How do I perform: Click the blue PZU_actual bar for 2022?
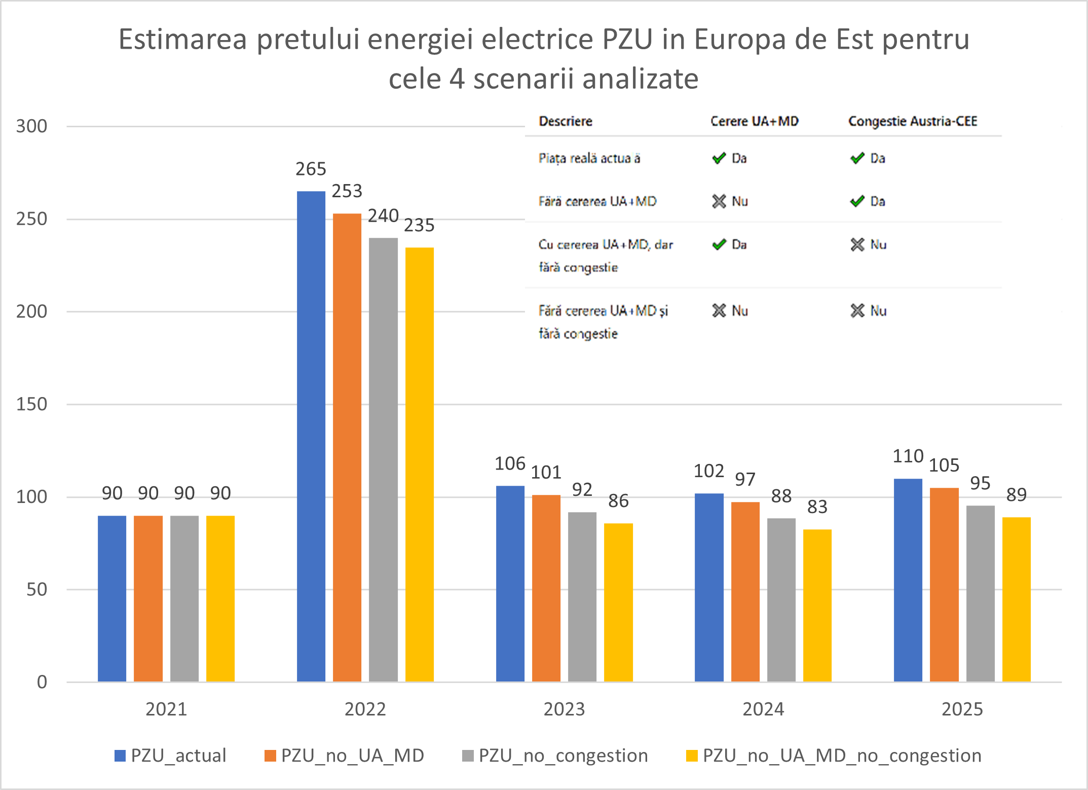click(311, 436)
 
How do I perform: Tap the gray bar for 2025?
click(980, 593)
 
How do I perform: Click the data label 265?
click(311, 169)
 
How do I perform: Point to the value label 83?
click(817, 507)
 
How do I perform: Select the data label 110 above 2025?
click(908, 456)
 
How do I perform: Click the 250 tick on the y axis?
click(31, 219)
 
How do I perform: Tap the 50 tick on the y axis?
click(36, 589)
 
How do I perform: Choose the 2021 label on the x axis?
click(166, 709)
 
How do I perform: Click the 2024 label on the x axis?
click(763, 709)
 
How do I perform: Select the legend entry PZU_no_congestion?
click(563, 756)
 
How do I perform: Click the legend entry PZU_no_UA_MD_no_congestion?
click(842, 756)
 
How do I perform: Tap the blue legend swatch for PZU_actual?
click(120, 756)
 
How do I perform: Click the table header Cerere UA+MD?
click(754, 121)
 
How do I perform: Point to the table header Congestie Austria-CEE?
click(912, 121)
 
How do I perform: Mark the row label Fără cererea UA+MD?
click(597, 201)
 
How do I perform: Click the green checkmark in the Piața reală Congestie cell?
click(857, 158)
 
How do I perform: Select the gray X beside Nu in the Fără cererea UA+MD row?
click(719, 201)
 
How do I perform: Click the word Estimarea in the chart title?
click(182, 39)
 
